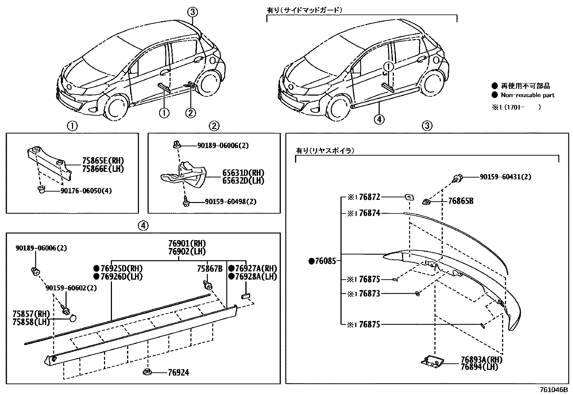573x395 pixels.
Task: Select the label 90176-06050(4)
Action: click(83, 190)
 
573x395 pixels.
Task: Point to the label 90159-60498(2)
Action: click(231, 202)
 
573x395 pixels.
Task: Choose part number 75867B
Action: click(209, 268)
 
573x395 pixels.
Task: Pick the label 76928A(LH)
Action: click(256, 276)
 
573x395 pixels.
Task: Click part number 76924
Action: click(178, 373)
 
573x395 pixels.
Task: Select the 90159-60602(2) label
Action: click(71, 288)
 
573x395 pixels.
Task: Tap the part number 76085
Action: click(325, 261)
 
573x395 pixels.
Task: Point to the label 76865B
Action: click(460, 201)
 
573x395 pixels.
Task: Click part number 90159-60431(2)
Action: click(505, 177)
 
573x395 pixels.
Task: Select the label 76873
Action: click(369, 294)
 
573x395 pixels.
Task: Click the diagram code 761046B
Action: click(554, 390)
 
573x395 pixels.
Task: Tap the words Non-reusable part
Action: click(528, 95)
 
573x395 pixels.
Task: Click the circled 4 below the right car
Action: click(379, 119)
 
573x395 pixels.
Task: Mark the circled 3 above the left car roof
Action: click(193, 12)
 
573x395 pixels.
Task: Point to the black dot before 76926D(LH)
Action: click(96, 276)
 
